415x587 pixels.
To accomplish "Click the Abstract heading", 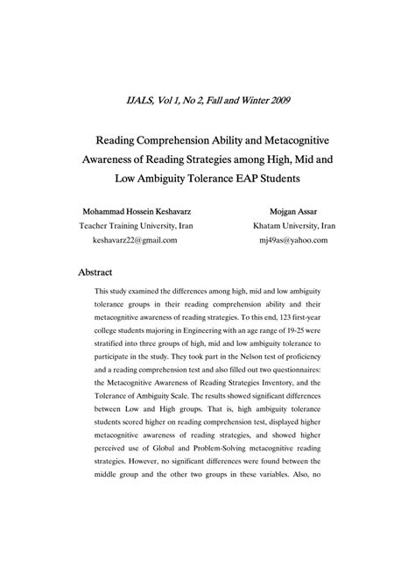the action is (96, 272).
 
